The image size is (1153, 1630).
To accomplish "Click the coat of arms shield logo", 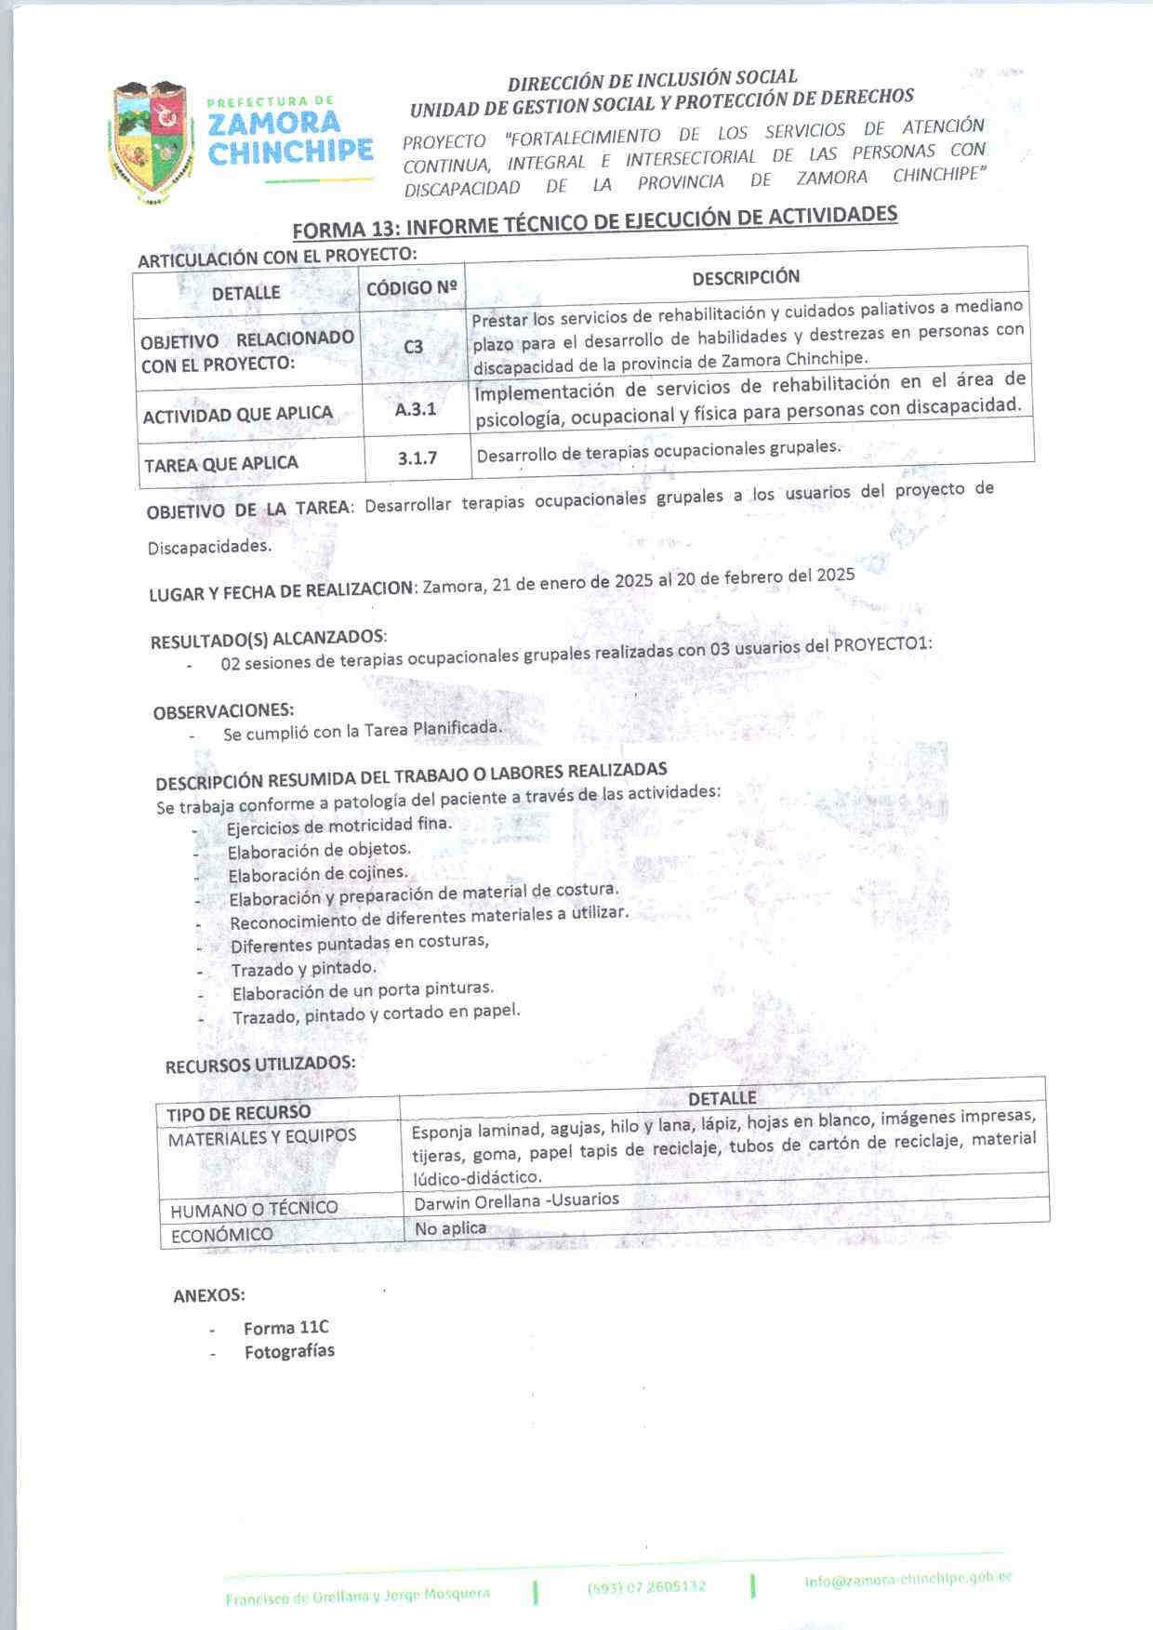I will click(152, 141).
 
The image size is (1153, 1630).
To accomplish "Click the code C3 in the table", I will click(414, 347).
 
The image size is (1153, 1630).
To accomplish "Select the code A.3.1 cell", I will click(415, 409).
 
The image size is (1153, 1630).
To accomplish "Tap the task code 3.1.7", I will click(417, 458).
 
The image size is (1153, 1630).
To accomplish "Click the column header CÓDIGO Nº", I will click(413, 288).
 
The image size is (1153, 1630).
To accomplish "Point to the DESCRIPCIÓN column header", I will click(746, 276).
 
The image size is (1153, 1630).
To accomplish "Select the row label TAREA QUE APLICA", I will click(221, 464).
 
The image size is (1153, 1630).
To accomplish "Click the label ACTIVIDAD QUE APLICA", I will click(238, 415).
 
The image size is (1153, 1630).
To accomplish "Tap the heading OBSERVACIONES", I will click(223, 711).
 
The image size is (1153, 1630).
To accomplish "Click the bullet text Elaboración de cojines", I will click(318, 874).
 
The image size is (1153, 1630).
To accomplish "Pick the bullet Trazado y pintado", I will click(304, 969).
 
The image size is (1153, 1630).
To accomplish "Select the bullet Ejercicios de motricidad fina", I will click(338, 826).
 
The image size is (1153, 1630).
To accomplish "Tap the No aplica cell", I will click(451, 1228).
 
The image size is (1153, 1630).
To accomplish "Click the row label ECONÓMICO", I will click(221, 1235).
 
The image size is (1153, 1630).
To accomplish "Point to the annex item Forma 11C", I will click(286, 1328).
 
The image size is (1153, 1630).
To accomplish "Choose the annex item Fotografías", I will click(289, 1351).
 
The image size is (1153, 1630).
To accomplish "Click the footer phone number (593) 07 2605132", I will click(646, 1586).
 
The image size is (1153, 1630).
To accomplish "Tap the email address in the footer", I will click(908, 1579).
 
